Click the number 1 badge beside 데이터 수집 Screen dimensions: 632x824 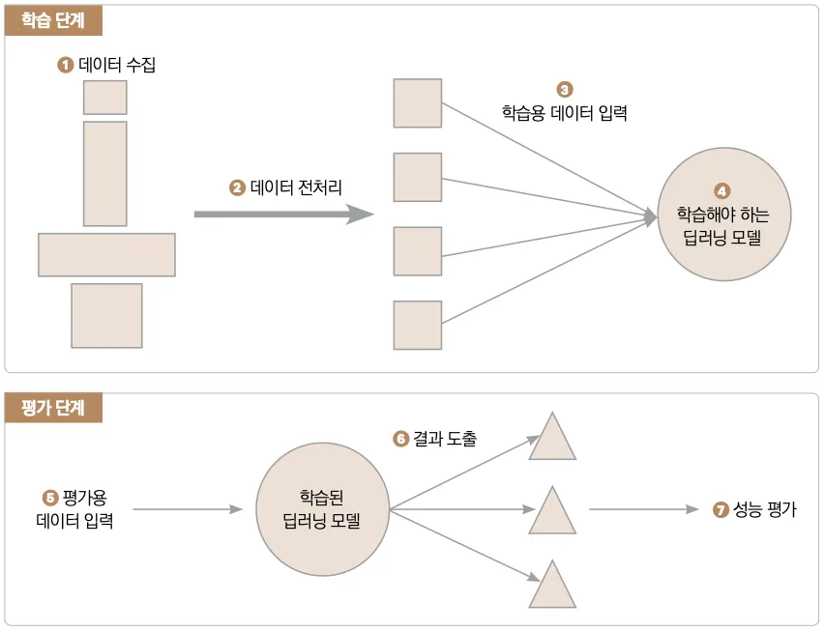[66, 66]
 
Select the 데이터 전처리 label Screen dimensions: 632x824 [296, 187]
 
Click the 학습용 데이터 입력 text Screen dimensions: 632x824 [565, 112]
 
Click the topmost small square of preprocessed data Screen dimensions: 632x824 [417, 103]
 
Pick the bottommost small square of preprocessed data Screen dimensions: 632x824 [417, 326]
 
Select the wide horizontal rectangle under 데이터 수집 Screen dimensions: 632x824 [106, 255]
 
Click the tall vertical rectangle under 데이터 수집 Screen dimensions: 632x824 [104, 173]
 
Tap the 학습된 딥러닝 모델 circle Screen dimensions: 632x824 [321, 509]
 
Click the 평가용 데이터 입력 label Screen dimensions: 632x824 [75, 510]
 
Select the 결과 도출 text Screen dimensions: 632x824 [445, 439]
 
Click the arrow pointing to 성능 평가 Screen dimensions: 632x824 [644, 509]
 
